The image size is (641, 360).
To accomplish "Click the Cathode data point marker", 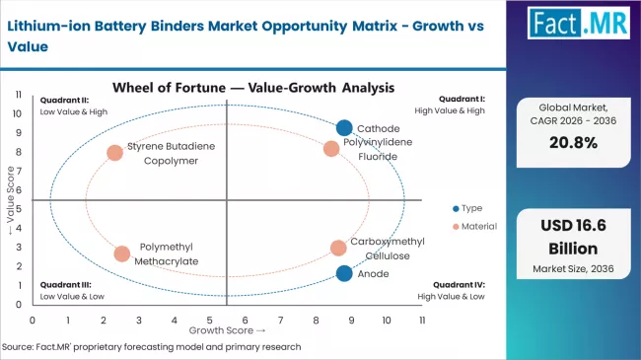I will pyautogui.click(x=343, y=127).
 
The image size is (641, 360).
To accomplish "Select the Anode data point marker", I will pyautogui.click(x=343, y=273).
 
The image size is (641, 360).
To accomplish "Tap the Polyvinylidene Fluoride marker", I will pyautogui.click(x=331, y=149).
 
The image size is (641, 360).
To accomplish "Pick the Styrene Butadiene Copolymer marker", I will pyautogui.click(x=115, y=153).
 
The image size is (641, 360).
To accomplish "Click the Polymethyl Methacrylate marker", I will pyautogui.click(x=121, y=253).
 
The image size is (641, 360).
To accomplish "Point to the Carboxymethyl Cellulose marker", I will pyautogui.click(x=338, y=248).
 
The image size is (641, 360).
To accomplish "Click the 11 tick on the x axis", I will pyautogui.click(x=422, y=320).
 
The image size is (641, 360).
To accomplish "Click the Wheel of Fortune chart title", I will pyautogui.click(x=254, y=87).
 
